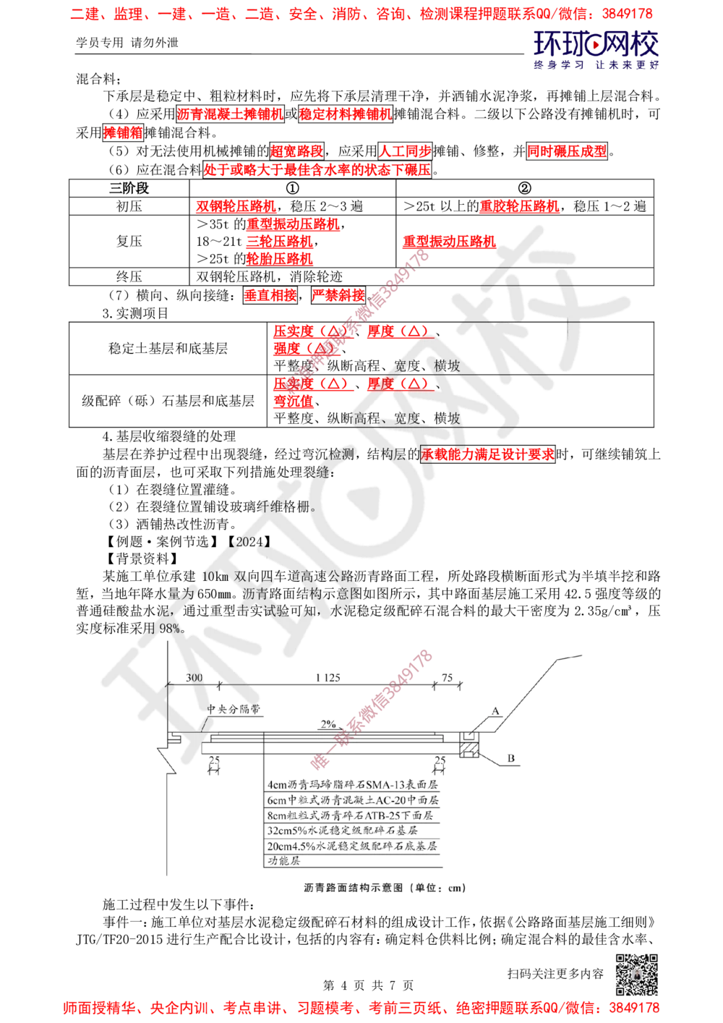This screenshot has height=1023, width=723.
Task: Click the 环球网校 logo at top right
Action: click(x=596, y=49)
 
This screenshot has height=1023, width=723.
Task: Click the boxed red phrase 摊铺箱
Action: click(x=123, y=132)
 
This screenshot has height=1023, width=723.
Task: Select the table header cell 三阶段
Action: click(x=129, y=187)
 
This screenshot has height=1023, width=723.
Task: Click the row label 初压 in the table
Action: click(x=129, y=206)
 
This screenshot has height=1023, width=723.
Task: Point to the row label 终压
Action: click(x=129, y=276)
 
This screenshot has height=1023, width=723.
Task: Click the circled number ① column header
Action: click(x=292, y=187)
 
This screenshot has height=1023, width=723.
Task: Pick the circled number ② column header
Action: click(x=524, y=187)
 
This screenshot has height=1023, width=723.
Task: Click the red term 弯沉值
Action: click(x=294, y=401)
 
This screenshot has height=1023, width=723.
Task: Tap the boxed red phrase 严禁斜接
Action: click(x=338, y=295)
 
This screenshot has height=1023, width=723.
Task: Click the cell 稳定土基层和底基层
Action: click(x=168, y=349)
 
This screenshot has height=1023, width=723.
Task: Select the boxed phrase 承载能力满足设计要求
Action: click(x=487, y=454)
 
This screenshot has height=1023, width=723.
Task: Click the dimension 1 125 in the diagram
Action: click(x=328, y=677)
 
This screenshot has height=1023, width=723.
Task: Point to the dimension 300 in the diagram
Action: click(x=194, y=677)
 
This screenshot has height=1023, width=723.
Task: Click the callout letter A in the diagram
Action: click(x=495, y=710)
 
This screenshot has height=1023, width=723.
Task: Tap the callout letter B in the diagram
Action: click(x=510, y=758)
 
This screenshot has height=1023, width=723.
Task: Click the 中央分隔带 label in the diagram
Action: click(x=234, y=709)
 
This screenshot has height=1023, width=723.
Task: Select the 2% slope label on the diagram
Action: click(x=328, y=724)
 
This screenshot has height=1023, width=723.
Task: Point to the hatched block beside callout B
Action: click(x=469, y=750)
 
